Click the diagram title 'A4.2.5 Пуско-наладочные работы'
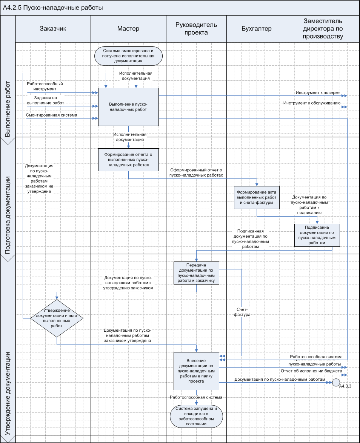(x=53, y=8)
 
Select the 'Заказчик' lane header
(x=53, y=29)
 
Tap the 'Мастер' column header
(x=128, y=29)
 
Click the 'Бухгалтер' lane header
(x=257, y=29)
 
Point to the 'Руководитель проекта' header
(x=196, y=29)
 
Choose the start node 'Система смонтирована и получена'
(x=128, y=55)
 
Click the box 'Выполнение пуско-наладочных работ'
(x=128, y=107)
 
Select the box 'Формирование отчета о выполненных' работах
(x=128, y=160)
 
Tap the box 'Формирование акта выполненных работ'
(x=257, y=197)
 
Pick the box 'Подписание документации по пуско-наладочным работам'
(x=317, y=235)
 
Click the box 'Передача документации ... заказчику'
(x=196, y=273)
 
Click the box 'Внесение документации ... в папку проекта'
(x=196, y=371)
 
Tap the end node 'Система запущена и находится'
(x=196, y=416)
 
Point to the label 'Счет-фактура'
(x=242, y=312)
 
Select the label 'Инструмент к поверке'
(x=318, y=92)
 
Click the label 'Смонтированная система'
(x=52, y=115)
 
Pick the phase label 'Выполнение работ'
(x=8, y=109)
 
